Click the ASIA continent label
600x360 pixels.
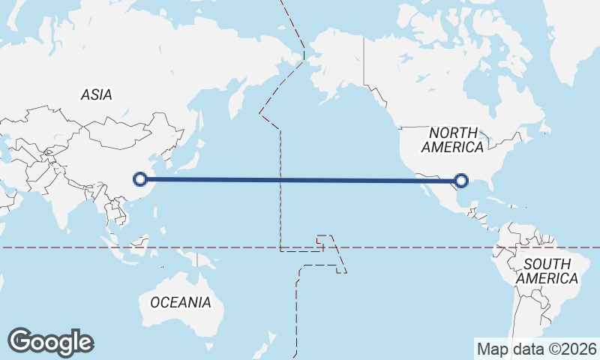96,95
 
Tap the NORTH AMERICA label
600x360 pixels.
451,140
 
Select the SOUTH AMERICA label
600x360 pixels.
550,271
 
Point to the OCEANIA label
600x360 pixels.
181,303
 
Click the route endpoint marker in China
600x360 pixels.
139,179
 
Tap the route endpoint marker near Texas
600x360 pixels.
461,180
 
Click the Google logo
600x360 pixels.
51,341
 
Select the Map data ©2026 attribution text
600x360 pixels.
537,349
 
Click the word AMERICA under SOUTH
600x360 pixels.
550,278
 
